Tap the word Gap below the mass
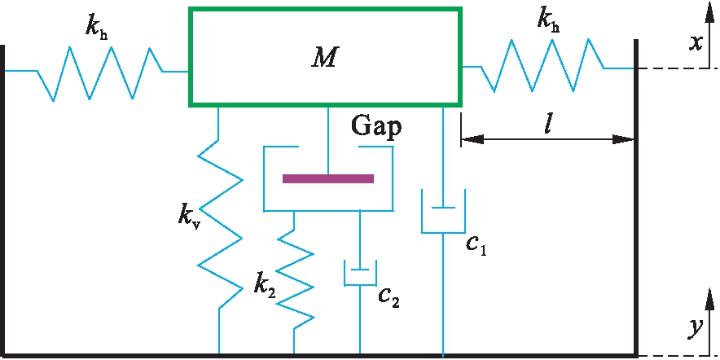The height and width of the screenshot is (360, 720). (376, 127)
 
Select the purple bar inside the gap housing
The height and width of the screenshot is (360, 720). (328, 178)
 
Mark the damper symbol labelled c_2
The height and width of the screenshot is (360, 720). (359, 273)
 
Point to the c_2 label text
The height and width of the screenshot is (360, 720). (389, 297)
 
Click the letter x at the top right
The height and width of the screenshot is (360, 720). (696, 42)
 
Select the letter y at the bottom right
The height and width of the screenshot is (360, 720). (695, 328)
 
